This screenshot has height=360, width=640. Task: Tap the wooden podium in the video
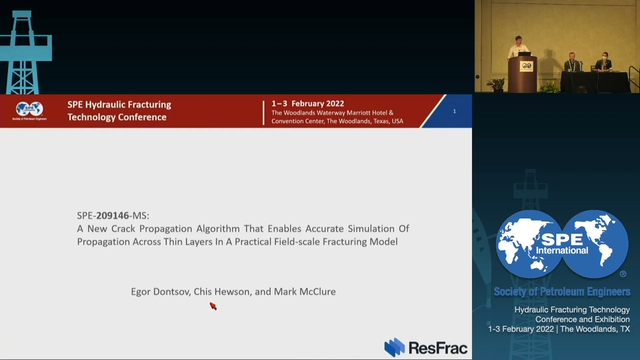[524, 74]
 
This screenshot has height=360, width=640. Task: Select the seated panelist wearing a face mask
[603, 63]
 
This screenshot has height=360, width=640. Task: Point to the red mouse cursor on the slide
[213, 306]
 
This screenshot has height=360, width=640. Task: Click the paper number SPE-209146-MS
[120, 215]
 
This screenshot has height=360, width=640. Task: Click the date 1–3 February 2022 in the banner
[313, 104]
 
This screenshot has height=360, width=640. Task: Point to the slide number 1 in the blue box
[455, 111]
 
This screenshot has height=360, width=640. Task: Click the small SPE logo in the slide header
[29, 110]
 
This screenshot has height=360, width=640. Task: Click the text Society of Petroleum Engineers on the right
[562, 291]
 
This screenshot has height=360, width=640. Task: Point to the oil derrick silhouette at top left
[26, 45]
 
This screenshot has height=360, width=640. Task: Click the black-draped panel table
[596, 80]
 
